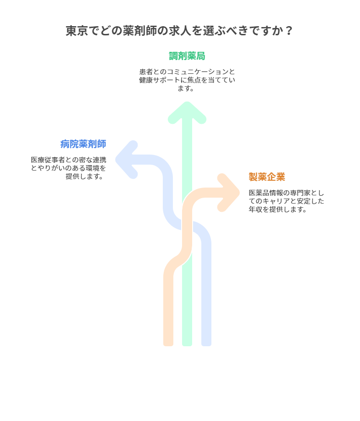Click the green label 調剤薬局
[187, 56]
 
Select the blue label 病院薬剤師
[83, 144]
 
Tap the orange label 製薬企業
[267, 177]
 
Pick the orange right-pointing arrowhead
[229, 193]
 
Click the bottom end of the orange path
[168, 342]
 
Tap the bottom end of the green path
[187, 342]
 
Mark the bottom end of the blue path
[206, 342]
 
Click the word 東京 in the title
[75, 31]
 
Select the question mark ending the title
[289, 31]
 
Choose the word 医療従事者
[49, 160]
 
